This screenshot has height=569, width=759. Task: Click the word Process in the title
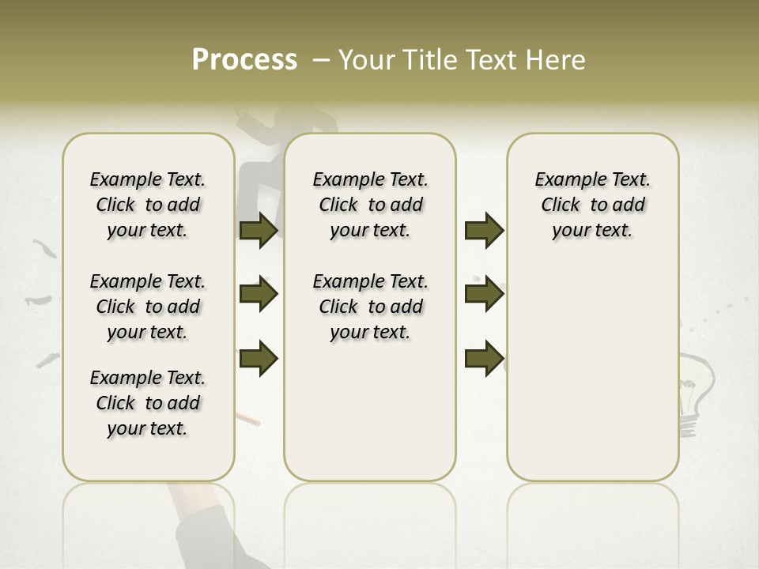(x=244, y=60)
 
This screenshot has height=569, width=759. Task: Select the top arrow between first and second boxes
(x=259, y=230)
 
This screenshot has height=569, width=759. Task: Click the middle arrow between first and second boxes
(x=259, y=295)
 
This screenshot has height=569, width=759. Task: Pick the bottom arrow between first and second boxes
(x=259, y=359)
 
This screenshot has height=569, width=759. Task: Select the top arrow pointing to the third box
(x=484, y=230)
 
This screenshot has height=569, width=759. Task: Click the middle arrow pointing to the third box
(x=484, y=295)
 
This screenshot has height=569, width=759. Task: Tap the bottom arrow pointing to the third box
(x=484, y=359)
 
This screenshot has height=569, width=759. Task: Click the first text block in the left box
(x=148, y=205)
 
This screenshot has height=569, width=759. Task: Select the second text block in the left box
(x=148, y=307)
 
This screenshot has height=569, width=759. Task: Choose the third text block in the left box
(x=148, y=403)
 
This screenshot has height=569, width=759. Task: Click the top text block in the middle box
(x=370, y=205)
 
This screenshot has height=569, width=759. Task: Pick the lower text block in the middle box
(x=370, y=307)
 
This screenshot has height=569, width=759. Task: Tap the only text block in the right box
(x=592, y=205)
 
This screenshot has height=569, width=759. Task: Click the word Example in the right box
(x=565, y=179)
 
